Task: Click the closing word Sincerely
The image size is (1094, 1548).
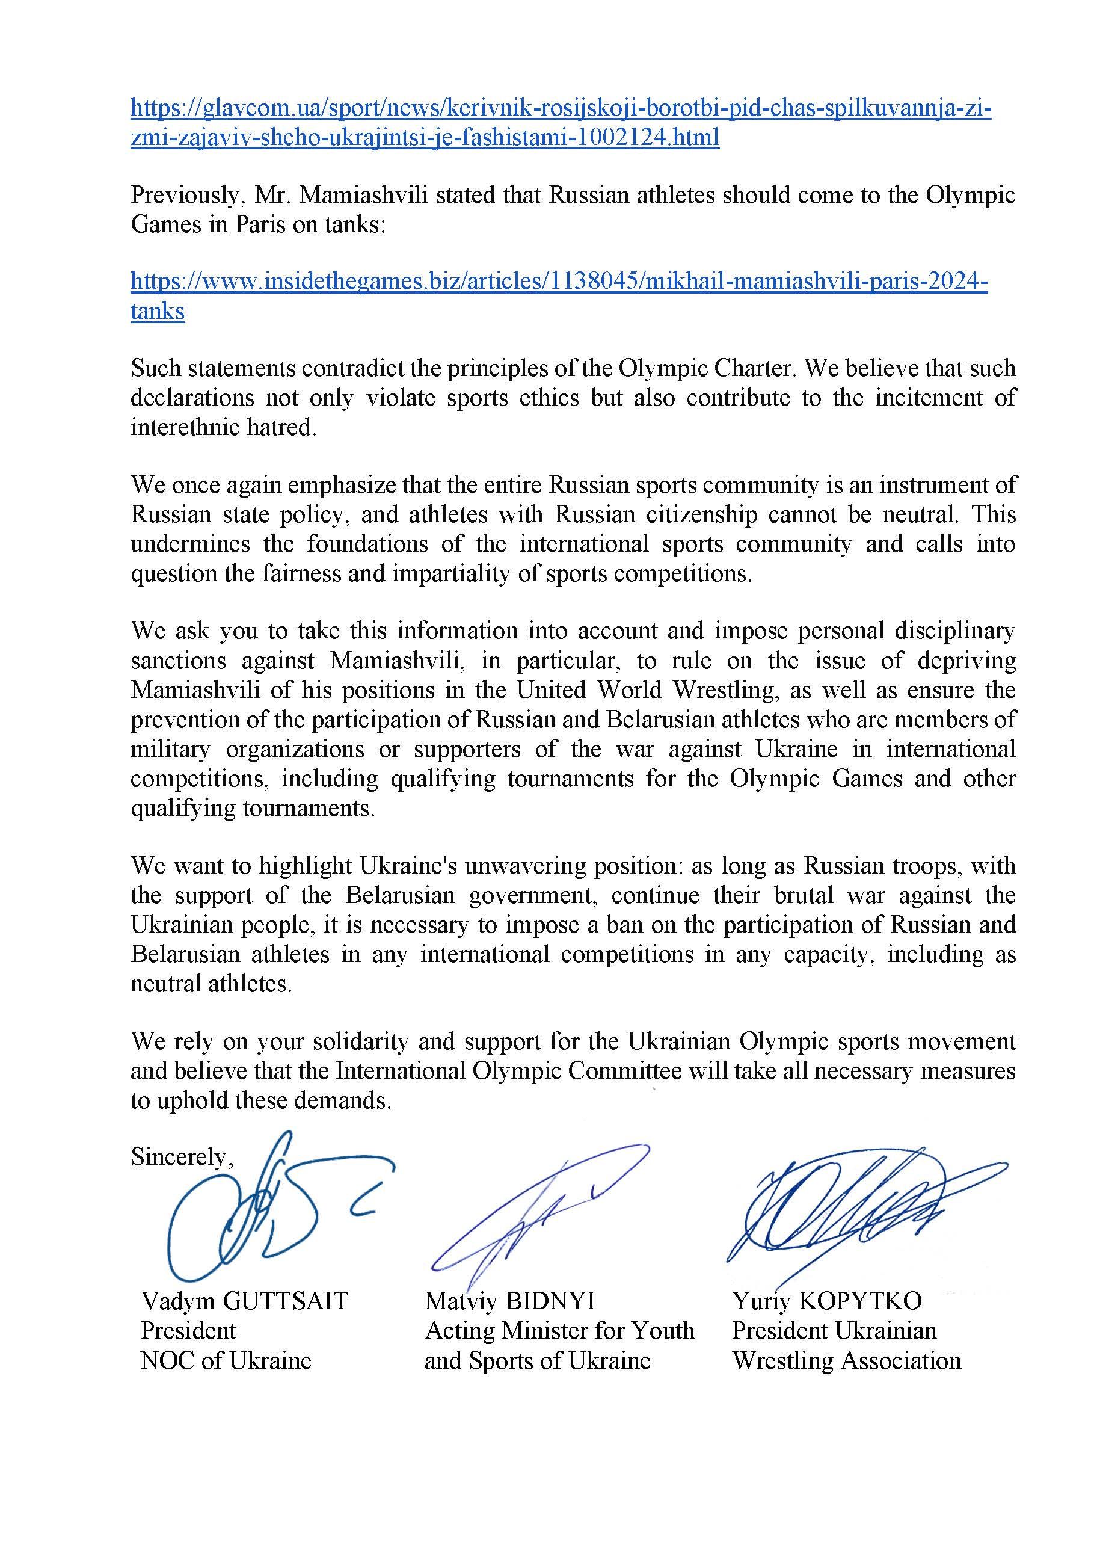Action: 180,1156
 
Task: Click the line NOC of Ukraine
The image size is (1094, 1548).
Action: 226,1360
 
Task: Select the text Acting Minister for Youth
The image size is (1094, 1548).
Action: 559,1330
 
